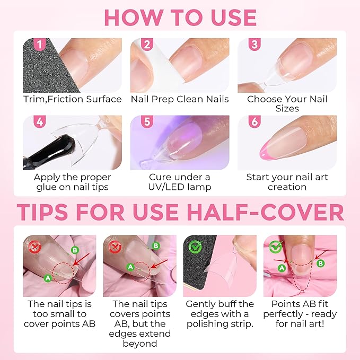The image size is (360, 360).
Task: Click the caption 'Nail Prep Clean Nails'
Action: (x=180, y=99)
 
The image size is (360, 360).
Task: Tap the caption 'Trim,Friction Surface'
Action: (x=72, y=99)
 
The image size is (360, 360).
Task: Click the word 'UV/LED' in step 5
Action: (x=162, y=187)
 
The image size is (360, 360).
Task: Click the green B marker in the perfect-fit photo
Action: (x=320, y=262)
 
